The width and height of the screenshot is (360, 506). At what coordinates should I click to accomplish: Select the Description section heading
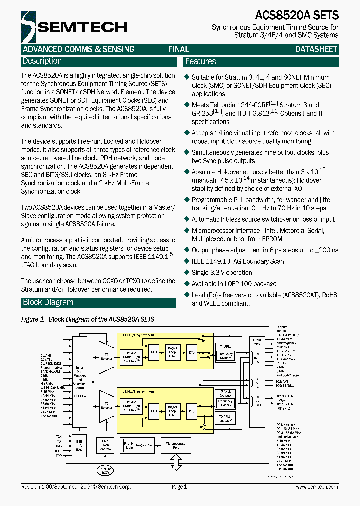tap(42, 61)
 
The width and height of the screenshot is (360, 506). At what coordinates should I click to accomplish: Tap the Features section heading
tap(200, 62)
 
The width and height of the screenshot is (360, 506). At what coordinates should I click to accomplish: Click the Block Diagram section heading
tap(48, 302)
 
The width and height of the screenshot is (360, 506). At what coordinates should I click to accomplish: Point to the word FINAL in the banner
tap(178, 49)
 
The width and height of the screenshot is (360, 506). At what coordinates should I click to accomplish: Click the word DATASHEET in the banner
tap(316, 49)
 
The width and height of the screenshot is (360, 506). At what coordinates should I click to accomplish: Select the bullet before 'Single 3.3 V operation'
tap(187, 272)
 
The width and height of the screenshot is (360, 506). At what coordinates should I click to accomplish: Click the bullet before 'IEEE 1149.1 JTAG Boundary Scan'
tap(187, 261)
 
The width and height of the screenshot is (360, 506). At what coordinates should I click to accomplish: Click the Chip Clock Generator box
tap(105, 445)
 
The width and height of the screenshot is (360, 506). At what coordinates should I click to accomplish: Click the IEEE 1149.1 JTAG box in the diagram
tap(79, 446)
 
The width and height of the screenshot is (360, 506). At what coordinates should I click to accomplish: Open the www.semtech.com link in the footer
tap(315, 487)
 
